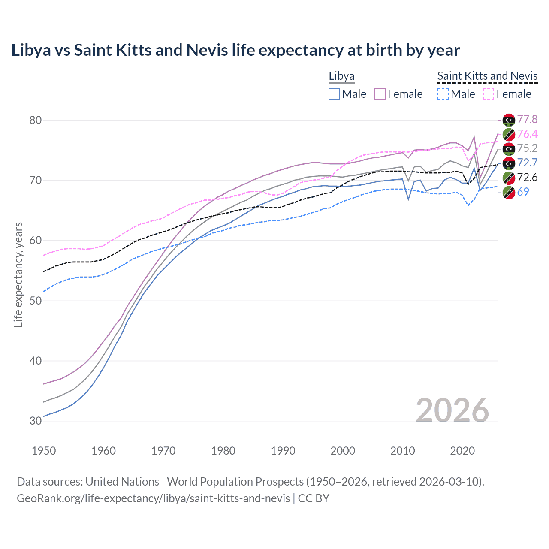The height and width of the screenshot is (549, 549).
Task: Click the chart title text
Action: click(x=235, y=50)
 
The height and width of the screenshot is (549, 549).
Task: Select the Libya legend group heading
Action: click(x=341, y=76)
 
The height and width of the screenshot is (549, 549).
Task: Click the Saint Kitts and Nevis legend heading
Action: click(x=487, y=76)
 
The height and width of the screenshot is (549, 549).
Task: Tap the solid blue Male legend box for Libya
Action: click(x=334, y=94)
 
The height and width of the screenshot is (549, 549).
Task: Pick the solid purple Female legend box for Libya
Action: click(x=380, y=94)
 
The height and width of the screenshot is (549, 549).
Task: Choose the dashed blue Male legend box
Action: click(x=443, y=94)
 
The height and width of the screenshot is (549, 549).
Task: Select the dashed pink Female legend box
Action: click(x=489, y=94)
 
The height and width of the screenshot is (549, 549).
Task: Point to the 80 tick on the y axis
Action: click(x=36, y=120)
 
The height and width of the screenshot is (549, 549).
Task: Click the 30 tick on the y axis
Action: click(x=36, y=421)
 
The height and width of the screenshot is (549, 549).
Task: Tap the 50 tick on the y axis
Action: click(x=36, y=301)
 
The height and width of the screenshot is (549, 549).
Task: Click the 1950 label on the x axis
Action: click(x=44, y=451)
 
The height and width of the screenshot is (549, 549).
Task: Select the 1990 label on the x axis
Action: click(x=283, y=451)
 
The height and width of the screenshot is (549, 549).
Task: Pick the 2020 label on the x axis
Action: click(x=462, y=451)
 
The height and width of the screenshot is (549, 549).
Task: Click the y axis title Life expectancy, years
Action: click(x=18, y=274)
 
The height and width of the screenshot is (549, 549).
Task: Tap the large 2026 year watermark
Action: click(x=452, y=410)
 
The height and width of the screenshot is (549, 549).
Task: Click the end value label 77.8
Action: click(x=527, y=119)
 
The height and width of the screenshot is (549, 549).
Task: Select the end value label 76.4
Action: click(x=527, y=134)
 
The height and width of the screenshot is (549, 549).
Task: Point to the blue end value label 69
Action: click(x=523, y=192)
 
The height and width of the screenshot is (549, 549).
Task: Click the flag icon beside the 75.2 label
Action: click(x=509, y=148)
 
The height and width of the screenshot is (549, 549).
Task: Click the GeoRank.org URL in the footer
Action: click(x=153, y=498)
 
